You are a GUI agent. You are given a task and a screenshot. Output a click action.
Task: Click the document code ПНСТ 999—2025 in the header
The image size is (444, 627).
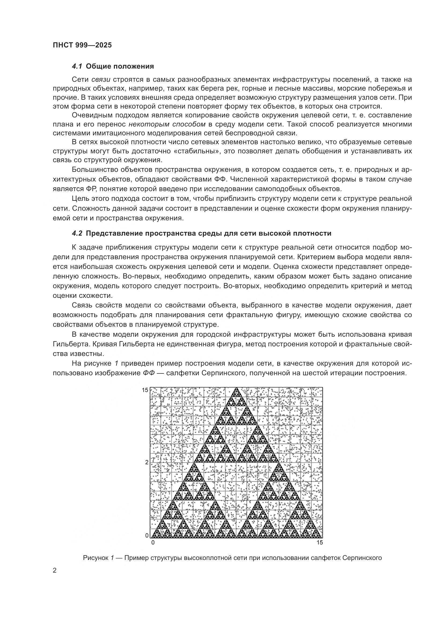point(82,45)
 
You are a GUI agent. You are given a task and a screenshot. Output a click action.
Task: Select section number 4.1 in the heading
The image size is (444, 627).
point(77,66)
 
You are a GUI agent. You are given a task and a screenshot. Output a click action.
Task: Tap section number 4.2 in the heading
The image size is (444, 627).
point(77,233)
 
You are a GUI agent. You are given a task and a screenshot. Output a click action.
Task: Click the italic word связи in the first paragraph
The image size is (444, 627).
point(101,79)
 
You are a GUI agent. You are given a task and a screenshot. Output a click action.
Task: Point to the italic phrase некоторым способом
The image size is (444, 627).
point(167,124)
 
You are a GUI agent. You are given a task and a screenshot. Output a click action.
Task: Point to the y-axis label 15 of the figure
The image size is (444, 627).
point(145,390)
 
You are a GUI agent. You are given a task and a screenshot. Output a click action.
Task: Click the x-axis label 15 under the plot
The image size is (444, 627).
point(320,543)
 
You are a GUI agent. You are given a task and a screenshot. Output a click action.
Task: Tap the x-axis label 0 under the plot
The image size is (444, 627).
point(153,543)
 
